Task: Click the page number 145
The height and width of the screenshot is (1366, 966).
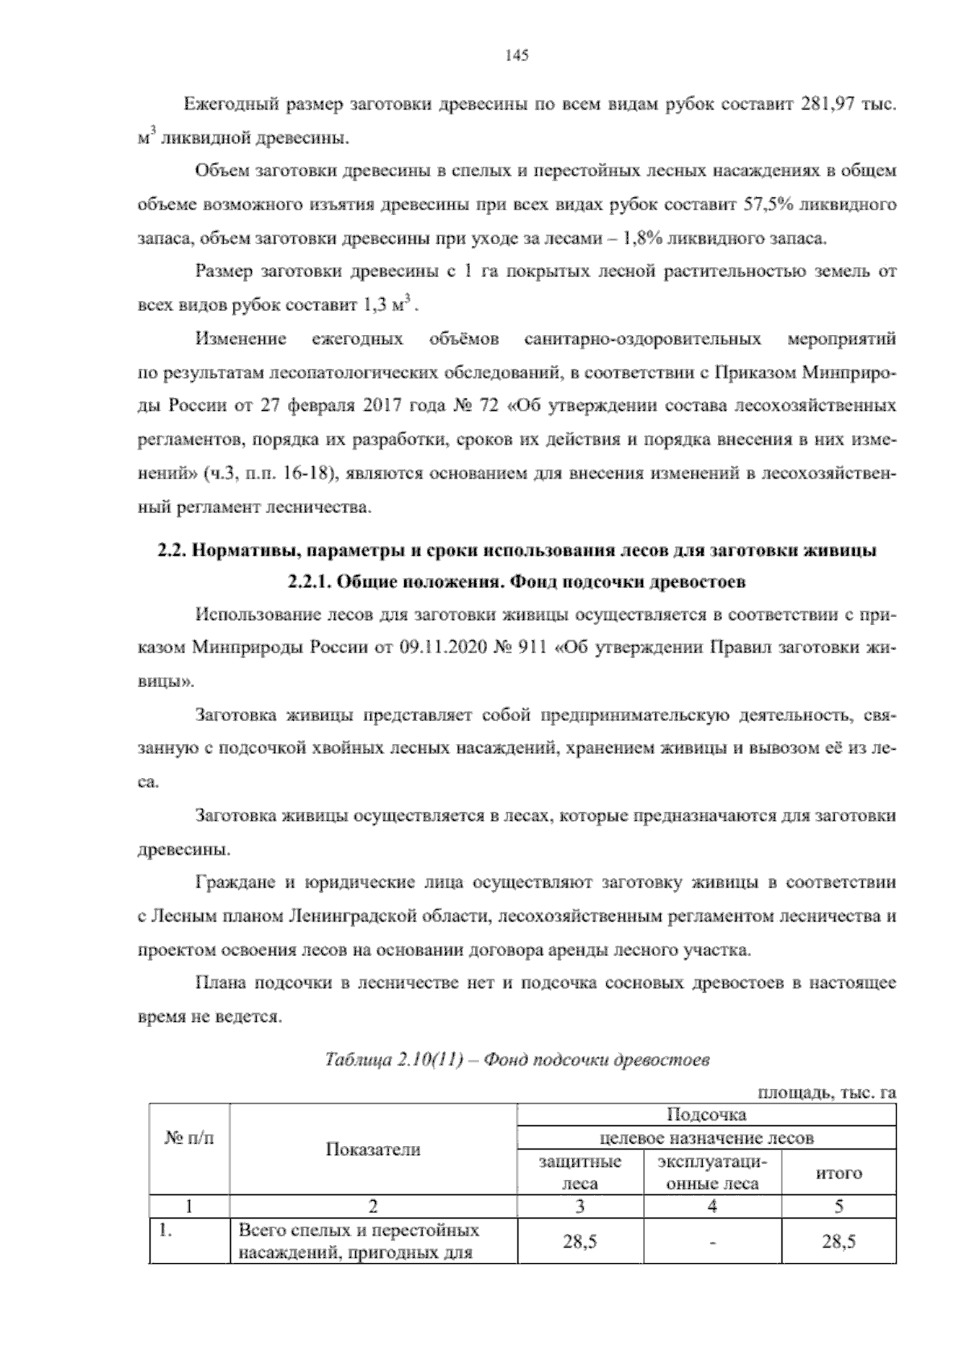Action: coord(516,56)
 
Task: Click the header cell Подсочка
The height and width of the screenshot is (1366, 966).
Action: coord(706,1116)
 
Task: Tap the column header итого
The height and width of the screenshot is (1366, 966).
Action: coord(838,1173)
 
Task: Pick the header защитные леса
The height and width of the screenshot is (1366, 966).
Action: coord(579,1173)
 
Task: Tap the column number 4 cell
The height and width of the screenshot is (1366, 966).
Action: coord(712,1207)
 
